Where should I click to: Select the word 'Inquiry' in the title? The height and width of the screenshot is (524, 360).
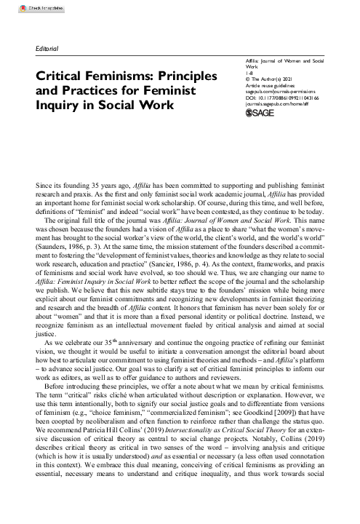click(x=61, y=106)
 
